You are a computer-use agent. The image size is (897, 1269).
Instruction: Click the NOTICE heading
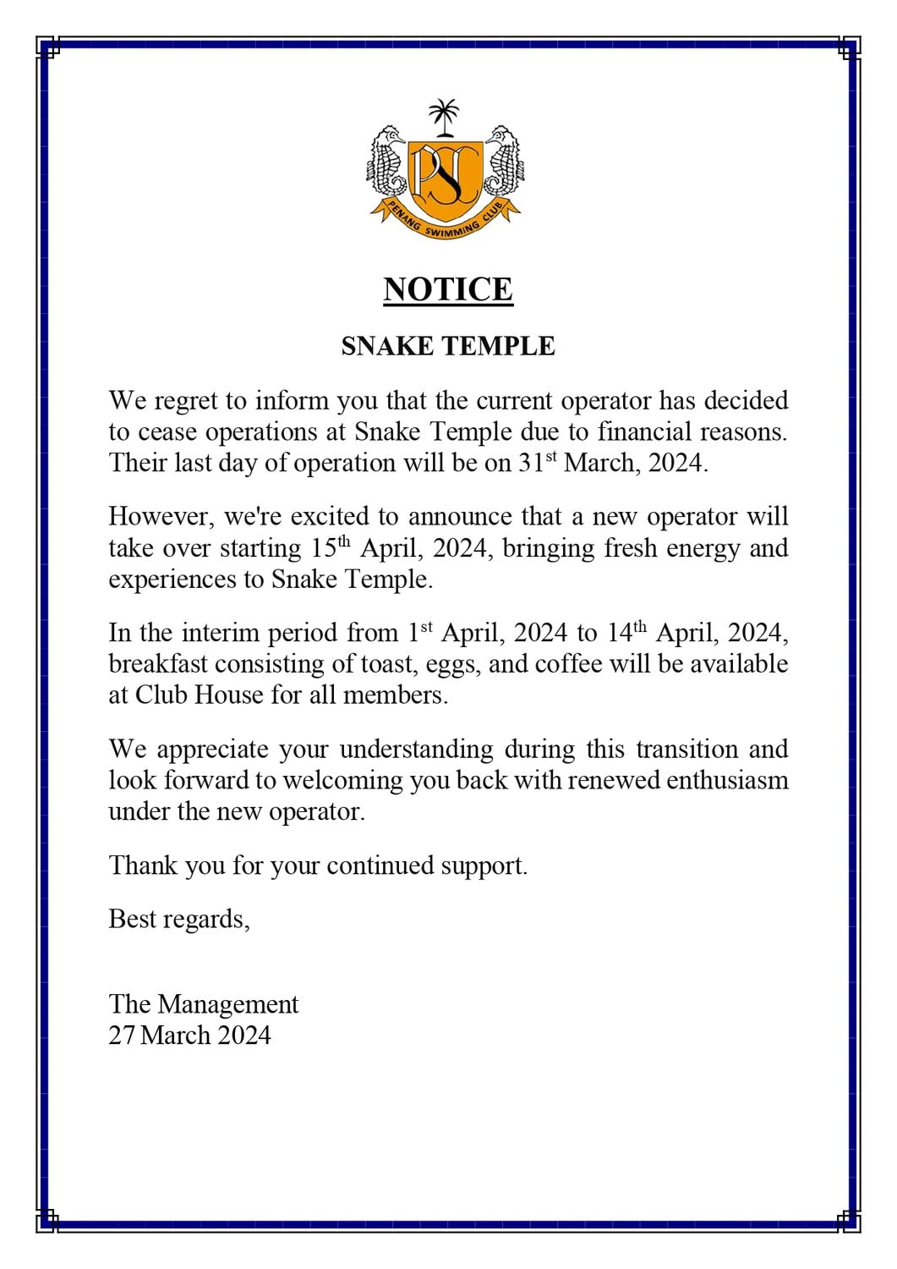[x=448, y=289]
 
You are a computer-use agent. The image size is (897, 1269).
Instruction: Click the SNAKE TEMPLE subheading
[x=448, y=346]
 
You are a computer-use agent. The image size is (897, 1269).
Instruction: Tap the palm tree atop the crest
[x=444, y=116]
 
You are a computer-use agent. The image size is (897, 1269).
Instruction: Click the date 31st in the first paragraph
[x=538, y=463]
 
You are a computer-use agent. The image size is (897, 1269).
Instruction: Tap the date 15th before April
[x=330, y=548]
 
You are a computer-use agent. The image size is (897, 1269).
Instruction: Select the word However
[x=161, y=516]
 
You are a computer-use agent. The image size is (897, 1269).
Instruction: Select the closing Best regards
[x=179, y=919]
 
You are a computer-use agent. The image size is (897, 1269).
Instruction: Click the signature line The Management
[x=204, y=1004]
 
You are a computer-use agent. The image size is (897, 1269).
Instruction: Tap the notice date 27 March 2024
[x=190, y=1036]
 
